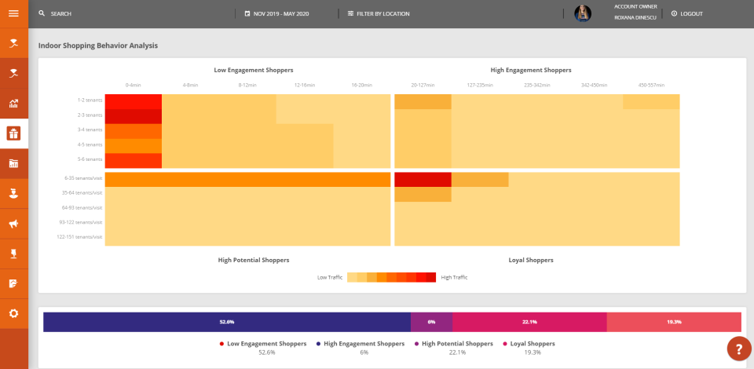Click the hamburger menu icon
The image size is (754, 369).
click(x=13, y=13)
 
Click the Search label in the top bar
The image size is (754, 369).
click(x=60, y=14)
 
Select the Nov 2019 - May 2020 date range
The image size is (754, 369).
click(x=286, y=14)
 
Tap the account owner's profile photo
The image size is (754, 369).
click(x=583, y=13)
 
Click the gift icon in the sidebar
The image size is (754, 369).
click(x=13, y=133)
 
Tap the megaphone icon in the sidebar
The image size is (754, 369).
click(x=13, y=224)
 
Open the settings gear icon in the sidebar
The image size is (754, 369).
click(x=13, y=313)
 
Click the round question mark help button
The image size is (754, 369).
click(x=739, y=348)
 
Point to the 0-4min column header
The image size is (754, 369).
click(x=133, y=85)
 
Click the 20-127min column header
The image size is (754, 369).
click(x=423, y=85)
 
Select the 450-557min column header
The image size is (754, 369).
click(x=651, y=85)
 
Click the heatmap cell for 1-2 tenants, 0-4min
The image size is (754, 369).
click(x=133, y=101)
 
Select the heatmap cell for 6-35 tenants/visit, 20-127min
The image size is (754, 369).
click(x=423, y=179)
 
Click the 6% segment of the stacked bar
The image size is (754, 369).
click(x=431, y=322)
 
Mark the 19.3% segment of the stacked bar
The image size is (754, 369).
click(x=674, y=322)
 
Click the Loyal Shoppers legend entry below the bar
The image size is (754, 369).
click(x=532, y=344)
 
